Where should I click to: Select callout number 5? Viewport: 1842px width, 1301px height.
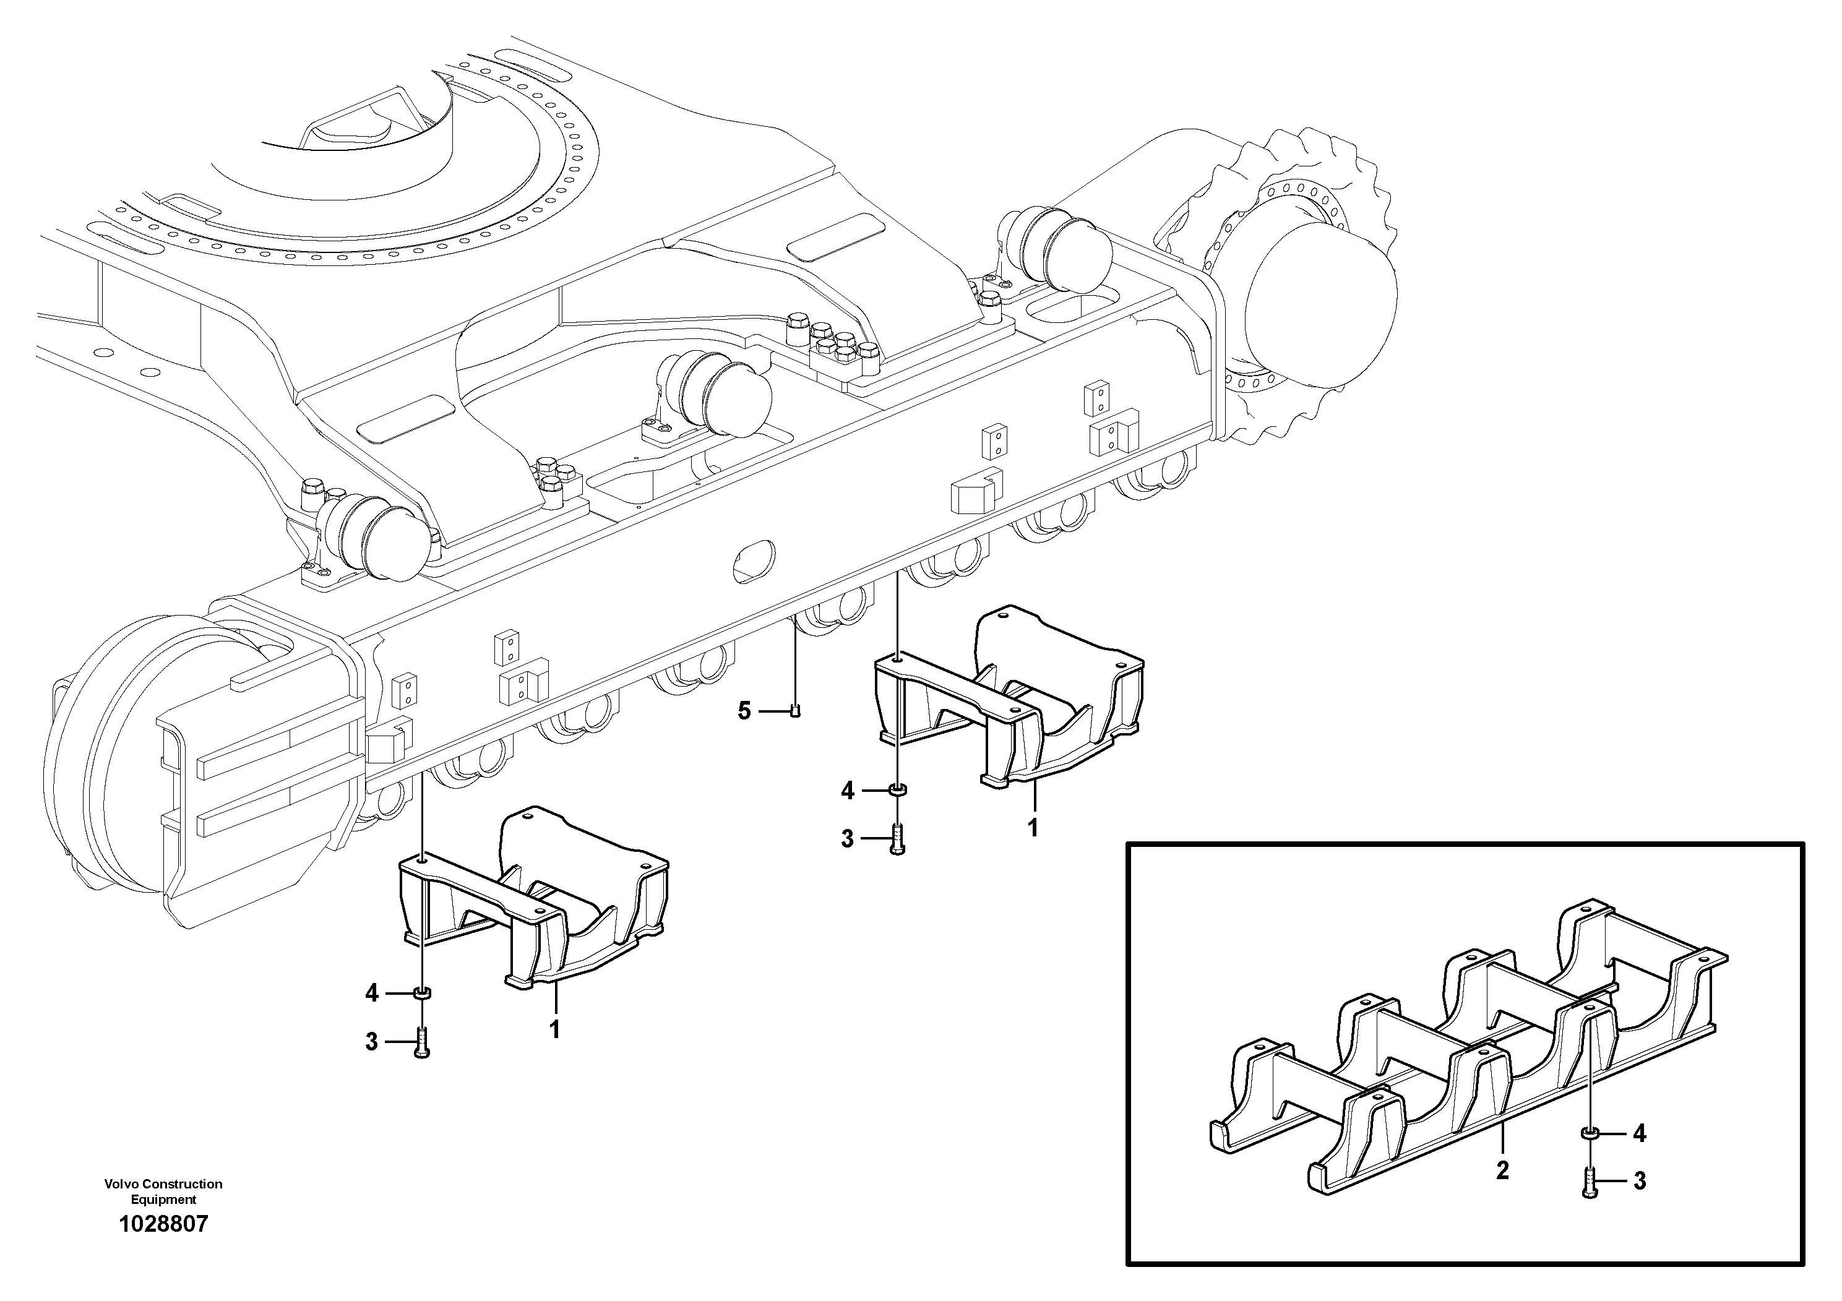[744, 711]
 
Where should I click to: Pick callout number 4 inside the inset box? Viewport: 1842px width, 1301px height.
[1639, 1133]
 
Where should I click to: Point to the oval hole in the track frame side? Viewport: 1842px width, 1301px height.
[754, 560]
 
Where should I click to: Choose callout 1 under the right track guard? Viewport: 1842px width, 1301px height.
[1033, 827]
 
